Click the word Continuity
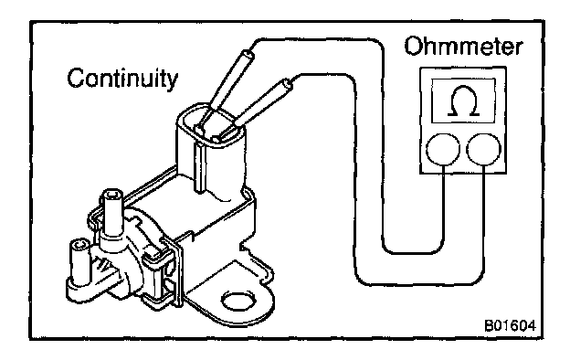tap(122, 79)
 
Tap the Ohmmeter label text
tap(463, 47)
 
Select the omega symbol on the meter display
tap(463, 101)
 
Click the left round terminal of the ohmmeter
tap(443, 149)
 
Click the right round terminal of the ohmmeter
tap(483, 149)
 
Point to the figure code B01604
tap(510, 325)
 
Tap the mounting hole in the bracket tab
tap(238, 301)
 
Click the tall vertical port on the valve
tap(111, 215)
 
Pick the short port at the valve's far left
tap(79, 261)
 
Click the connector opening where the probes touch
tap(211, 125)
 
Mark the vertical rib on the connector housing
tap(198, 166)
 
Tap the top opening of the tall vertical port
tap(112, 195)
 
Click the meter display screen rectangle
tap(463, 101)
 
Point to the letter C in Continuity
tap(76, 78)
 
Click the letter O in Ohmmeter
tap(413, 47)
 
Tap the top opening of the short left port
tap(80, 244)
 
